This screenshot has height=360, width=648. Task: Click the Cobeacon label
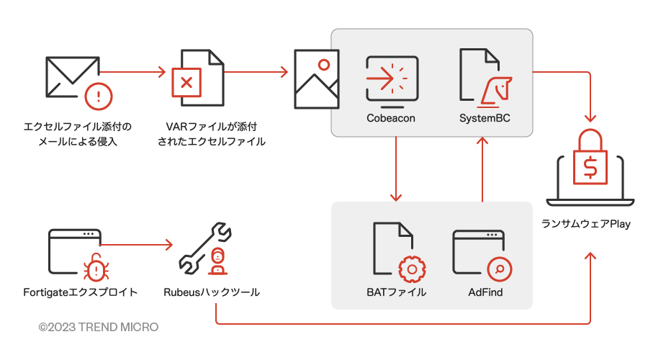(390, 118)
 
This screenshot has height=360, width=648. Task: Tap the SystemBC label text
(485, 118)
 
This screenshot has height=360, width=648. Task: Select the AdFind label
(485, 292)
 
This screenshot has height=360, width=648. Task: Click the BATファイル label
(396, 292)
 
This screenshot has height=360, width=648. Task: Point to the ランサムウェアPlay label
(586, 224)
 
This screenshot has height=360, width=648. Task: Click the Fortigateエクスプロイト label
(80, 292)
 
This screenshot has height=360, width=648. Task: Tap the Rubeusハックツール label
(212, 292)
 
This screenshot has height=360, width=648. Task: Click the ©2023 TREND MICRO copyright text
(99, 327)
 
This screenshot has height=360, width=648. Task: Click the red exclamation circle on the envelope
(99, 96)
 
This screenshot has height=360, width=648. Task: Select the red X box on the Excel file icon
(186, 82)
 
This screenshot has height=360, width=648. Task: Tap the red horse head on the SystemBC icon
(497, 92)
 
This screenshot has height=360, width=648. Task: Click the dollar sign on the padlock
(590, 167)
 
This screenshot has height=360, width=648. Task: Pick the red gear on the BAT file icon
(412, 269)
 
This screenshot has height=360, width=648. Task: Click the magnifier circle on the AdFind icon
(500, 269)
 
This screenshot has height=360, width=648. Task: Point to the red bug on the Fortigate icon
(96, 267)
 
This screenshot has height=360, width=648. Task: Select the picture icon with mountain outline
(317, 79)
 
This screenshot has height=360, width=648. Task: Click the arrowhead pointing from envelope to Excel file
(162, 72)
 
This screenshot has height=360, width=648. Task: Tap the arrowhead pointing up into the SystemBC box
(482, 141)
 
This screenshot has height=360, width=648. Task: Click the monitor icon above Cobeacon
(392, 79)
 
